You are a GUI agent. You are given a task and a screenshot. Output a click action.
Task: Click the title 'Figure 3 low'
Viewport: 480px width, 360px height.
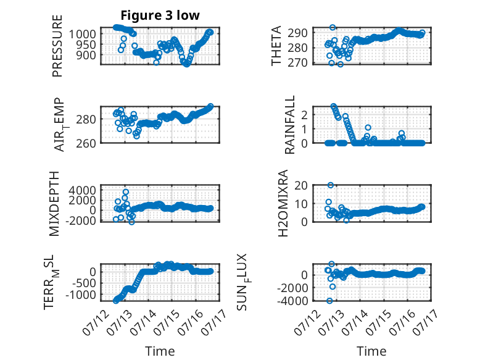pyautogui.click(x=160, y=15)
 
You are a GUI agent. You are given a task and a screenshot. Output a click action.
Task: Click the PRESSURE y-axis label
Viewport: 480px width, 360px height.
pyautogui.click(x=57, y=46)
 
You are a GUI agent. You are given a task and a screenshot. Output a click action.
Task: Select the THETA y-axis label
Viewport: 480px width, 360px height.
pyautogui.click(x=276, y=46)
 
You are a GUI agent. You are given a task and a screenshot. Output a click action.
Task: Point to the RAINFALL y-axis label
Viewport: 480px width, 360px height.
pyautogui.click(x=289, y=124)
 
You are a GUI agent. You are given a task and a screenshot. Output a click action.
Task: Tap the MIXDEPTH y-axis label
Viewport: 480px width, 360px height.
pyautogui.click(x=54, y=203)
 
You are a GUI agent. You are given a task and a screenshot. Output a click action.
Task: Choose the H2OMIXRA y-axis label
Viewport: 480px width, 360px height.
pyautogui.click(x=283, y=203)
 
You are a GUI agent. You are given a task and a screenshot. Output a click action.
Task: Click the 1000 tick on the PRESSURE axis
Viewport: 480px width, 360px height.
pyautogui.click(x=82, y=34)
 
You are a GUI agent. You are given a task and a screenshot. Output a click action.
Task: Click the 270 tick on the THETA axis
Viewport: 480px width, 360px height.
pyautogui.click(x=297, y=63)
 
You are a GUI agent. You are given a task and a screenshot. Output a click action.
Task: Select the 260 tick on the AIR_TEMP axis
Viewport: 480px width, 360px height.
pyautogui.click(x=86, y=143)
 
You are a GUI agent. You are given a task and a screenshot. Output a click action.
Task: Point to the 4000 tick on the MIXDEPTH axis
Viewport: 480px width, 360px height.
pyautogui.click(x=82, y=190)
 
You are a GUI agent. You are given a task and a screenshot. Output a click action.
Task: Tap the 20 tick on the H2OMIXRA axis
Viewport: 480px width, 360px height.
pyautogui.click(x=301, y=185)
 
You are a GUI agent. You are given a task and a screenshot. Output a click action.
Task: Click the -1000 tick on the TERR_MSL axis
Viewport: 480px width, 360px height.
pyautogui.click(x=80, y=295)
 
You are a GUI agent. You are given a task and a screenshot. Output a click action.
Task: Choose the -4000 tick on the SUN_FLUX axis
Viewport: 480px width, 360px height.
pyautogui.click(x=292, y=301)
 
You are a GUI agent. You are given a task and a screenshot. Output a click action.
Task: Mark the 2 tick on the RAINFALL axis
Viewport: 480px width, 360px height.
pyautogui.click(x=304, y=115)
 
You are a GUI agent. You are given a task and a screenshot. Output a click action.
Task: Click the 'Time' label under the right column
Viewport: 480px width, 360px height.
pyautogui.click(x=371, y=351)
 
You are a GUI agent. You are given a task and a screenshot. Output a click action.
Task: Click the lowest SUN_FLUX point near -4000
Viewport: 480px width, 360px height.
pyautogui.click(x=329, y=301)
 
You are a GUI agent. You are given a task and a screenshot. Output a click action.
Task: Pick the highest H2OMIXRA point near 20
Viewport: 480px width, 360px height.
pyautogui.click(x=330, y=185)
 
